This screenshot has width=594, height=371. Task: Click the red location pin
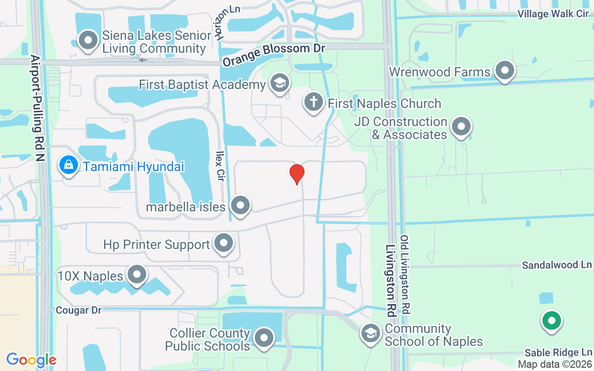pyautogui.click(x=297, y=174)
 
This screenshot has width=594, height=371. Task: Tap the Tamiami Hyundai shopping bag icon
pyautogui.click(x=69, y=166)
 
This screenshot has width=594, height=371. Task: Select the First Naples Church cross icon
pyautogui.click(x=313, y=102)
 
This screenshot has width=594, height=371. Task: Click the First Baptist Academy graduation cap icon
pyautogui.click(x=279, y=83)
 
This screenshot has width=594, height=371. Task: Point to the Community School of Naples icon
pyautogui.click(x=370, y=333)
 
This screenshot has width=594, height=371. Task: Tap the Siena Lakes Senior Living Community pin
pyautogui.click(x=88, y=41)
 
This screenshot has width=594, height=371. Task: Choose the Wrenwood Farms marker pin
pyautogui.click(x=505, y=71)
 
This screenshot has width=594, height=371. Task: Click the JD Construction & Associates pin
pyautogui.click(x=461, y=127)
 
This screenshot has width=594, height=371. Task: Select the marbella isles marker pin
pyautogui.click(x=240, y=205)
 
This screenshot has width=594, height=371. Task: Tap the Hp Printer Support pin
pyautogui.click(x=224, y=243)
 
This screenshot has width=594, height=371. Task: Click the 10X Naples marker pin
pyautogui.click(x=136, y=275)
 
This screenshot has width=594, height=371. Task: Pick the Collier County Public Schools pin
pyautogui.click(x=264, y=339)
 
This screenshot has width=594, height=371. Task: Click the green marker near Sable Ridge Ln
pyautogui.click(x=551, y=320)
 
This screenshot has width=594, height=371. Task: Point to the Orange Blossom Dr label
pyautogui.click(x=273, y=54)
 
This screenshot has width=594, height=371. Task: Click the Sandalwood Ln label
pyautogui.click(x=556, y=265)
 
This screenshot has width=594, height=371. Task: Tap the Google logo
pyautogui.click(x=31, y=360)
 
